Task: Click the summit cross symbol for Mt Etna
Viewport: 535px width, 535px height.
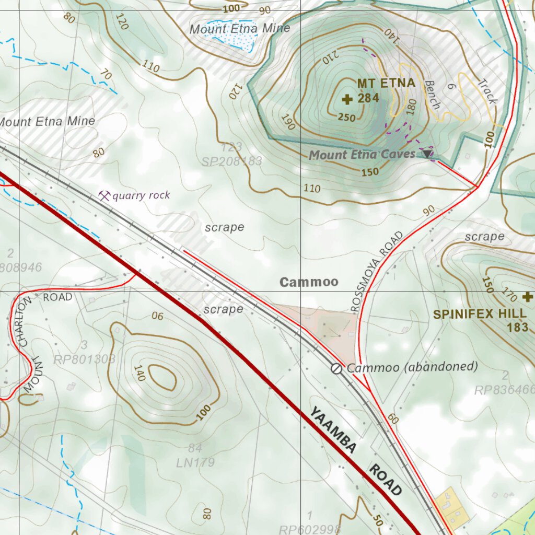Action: (347, 99)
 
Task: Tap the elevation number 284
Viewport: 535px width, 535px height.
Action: (368, 98)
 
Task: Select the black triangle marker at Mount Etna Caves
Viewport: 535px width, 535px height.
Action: (428, 154)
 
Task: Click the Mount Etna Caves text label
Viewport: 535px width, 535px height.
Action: (362, 155)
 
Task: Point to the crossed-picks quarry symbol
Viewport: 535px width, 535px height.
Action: (104, 196)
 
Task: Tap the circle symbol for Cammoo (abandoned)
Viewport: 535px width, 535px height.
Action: (337, 369)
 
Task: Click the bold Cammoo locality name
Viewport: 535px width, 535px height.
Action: (309, 282)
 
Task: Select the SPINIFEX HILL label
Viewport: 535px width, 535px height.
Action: (480, 314)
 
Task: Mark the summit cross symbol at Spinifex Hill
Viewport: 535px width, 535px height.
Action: (527, 297)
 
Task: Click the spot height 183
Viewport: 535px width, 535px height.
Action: (518, 328)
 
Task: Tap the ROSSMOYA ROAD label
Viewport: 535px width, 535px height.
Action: (378, 272)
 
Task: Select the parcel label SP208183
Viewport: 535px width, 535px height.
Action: (232, 161)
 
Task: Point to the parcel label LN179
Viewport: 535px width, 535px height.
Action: (195, 462)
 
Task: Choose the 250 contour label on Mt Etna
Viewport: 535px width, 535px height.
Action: (346, 118)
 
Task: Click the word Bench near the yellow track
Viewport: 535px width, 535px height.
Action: (432, 95)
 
